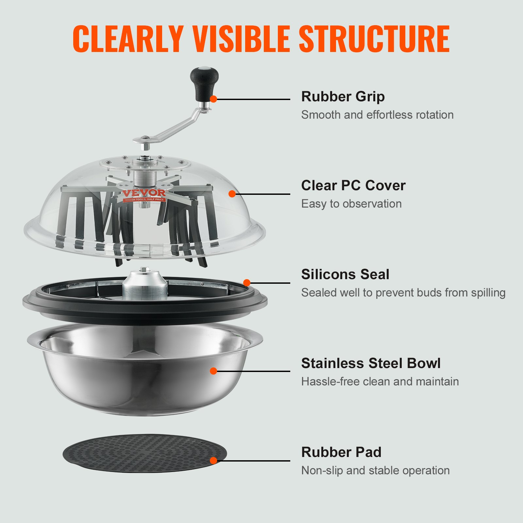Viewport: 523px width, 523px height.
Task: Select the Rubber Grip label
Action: pyautogui.click(x=343, y=97)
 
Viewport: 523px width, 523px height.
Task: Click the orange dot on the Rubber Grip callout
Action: pyautogui.click(x=213, y=99)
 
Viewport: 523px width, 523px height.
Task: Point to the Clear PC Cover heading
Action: pyautogui.click(x=353, y=186)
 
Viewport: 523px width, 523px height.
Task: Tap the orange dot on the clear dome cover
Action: pyautogui.click(x=232, y=194)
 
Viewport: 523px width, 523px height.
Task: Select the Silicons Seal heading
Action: pyautogui.click(x=345, y=275)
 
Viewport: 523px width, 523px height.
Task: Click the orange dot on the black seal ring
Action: pyautogui.click(x=247, y=283)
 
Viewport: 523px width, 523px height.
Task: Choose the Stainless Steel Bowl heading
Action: pyautogui.click(x=371, y=363)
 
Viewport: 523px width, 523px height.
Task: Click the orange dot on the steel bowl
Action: pyautogui.click(x=213, y=371)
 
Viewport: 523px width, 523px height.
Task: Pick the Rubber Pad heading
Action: pyautogui.click(x=341, y=452)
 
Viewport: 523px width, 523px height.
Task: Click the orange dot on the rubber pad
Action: pyautogui.click(x=213, y=461)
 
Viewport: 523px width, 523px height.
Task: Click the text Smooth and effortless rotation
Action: pyautogui.click(x=377, y=115)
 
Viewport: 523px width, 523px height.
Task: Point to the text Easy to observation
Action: pyautogui.click(x=351, y=204)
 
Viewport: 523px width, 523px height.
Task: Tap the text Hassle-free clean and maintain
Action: pyautogui.click(x=380, y=382)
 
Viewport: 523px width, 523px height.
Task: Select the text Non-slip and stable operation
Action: pyautogui.click(x=375, y=471)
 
